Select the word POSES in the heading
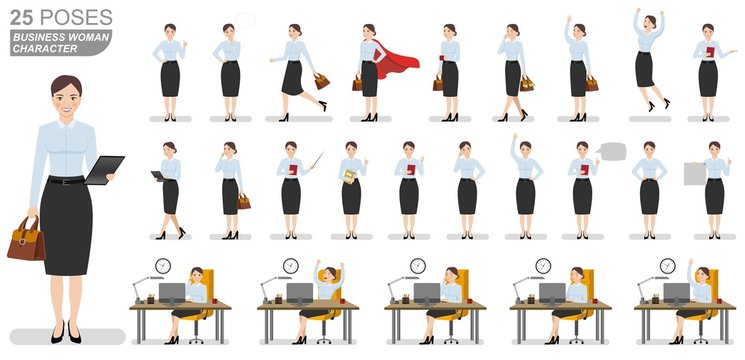[75, 18]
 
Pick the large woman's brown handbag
[25, 240]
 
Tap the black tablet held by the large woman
[102, 171]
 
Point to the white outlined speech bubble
[245, 20]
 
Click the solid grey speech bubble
[611, 152]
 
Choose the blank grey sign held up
[695, 174]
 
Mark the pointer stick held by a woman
[313, 160]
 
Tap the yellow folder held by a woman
[349, 176]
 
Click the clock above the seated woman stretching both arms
[290, 266]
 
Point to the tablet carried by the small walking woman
[158, 175]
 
